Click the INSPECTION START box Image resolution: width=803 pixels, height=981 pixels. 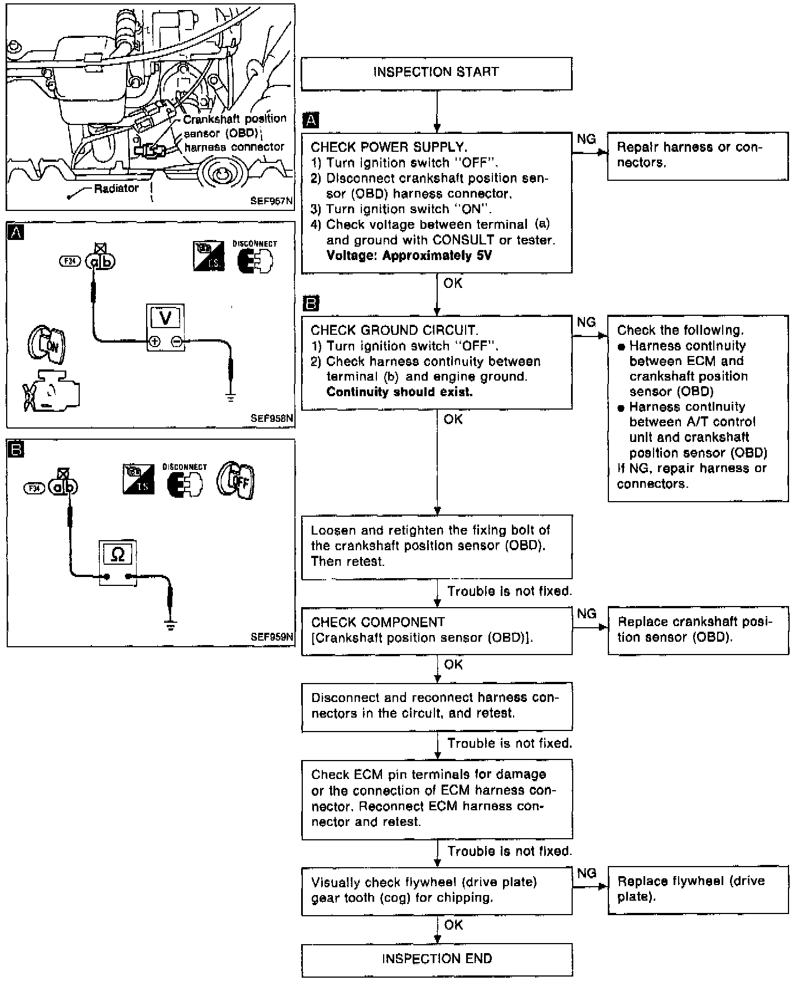point(436,73)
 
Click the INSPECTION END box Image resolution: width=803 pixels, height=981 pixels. point(437,959)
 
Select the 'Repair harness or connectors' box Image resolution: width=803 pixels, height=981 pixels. point(697,156)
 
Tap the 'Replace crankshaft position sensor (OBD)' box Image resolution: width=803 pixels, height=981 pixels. point(698,630)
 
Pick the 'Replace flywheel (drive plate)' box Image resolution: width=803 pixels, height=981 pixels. point(698,889)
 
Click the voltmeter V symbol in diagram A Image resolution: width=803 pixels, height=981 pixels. point(165,318)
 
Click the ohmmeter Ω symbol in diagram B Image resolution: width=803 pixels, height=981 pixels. point(118,554)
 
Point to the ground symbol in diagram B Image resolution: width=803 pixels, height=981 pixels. point(171,626)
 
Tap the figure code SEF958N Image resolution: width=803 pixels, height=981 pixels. point(272,418)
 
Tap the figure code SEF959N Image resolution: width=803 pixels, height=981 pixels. point(272,637)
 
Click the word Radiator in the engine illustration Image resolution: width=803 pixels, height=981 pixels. point(116,189)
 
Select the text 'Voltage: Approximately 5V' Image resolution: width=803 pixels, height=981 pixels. point(409,256)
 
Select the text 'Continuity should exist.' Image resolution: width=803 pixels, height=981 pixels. point(399,392)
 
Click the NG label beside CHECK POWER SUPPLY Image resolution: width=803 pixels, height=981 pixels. point(586,139)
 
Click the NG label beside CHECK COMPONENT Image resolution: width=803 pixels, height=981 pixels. point(587,614)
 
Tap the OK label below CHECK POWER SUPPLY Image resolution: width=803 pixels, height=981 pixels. point(453,283)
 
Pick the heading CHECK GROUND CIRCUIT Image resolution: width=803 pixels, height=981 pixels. point(394,330)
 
